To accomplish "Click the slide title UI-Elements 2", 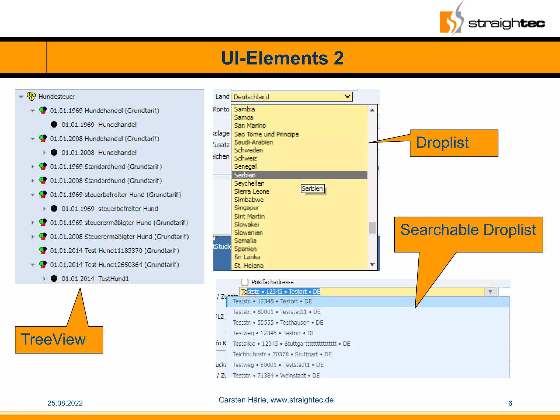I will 282,58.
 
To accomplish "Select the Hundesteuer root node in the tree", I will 57,97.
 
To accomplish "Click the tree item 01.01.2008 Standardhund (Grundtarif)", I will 106,180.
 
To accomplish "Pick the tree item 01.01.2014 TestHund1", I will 95,279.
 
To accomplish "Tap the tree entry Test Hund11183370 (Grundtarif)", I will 114,250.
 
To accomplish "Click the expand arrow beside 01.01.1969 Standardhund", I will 33,167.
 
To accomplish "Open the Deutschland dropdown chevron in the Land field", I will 347,97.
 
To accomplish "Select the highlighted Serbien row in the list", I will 299,175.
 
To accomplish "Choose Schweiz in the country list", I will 246,158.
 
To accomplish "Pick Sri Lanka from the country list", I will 247,257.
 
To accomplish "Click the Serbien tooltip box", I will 312,189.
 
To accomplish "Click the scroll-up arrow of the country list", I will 372,110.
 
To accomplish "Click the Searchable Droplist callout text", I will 468,230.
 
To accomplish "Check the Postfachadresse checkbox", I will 245,282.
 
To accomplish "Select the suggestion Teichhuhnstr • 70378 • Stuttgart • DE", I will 282,354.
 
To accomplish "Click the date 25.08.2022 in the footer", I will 65,403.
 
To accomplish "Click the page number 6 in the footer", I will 510,403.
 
